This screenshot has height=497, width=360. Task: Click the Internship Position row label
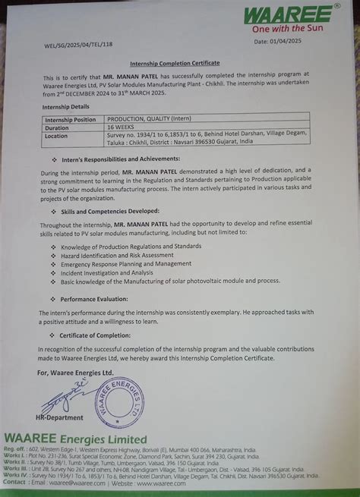(71, 119)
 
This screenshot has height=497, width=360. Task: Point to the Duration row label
(59, 127)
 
